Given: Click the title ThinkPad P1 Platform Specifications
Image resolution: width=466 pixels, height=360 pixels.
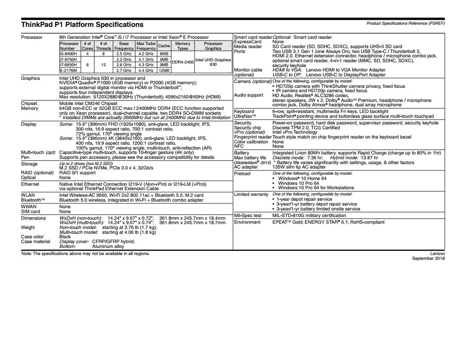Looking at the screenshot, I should (x=82, y=25).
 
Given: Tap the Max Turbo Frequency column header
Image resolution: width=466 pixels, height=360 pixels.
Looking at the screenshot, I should (x=146, y=46).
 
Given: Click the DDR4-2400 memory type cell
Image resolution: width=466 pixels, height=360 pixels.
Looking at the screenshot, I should (x=183, y=62).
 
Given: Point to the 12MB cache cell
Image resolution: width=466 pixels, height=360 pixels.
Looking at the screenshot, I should (x=164, y=70).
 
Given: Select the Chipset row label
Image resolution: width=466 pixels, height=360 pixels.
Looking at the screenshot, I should (x=29, y=104).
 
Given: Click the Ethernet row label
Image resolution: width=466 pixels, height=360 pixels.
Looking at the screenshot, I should (x=30, y=184).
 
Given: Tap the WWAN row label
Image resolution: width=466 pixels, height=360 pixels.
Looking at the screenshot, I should (x=29, y=206).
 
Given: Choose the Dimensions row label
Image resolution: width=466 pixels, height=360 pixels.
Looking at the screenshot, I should (x=33, y=218).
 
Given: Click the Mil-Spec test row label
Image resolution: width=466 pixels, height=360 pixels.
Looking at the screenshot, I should (x=248, y=216).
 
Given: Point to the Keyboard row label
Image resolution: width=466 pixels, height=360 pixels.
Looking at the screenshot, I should (x=244, y=112).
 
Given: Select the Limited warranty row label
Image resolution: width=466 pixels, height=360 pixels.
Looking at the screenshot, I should (x=251, y=194).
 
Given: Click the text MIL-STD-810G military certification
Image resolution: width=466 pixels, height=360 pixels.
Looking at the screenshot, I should (x=309, y=216).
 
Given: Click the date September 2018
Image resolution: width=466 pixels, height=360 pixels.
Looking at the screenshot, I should (x=428, y=259).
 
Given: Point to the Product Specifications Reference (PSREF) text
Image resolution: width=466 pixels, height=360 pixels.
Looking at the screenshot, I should (x=406, y=23).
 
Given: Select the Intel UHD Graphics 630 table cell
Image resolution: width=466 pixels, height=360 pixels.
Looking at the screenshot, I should (x=213, y=62).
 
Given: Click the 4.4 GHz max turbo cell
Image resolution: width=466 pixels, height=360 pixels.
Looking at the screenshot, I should (x=146, y=70).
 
